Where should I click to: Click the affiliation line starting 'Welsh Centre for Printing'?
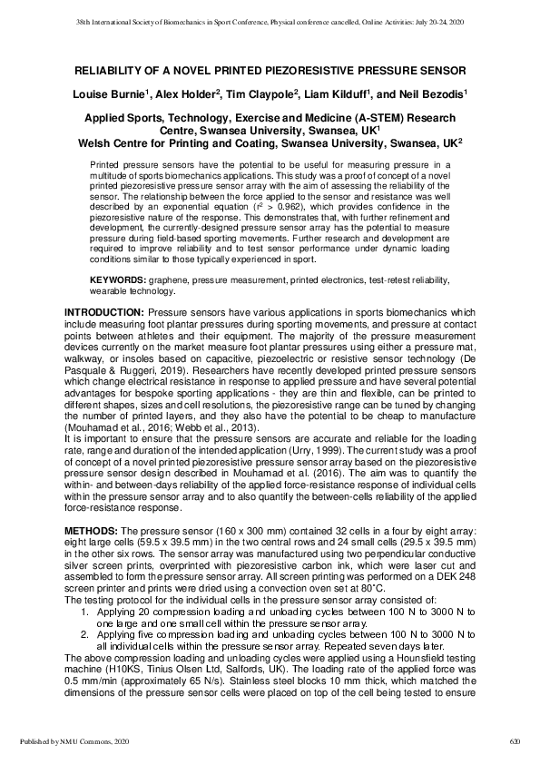(x=270, y=142)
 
